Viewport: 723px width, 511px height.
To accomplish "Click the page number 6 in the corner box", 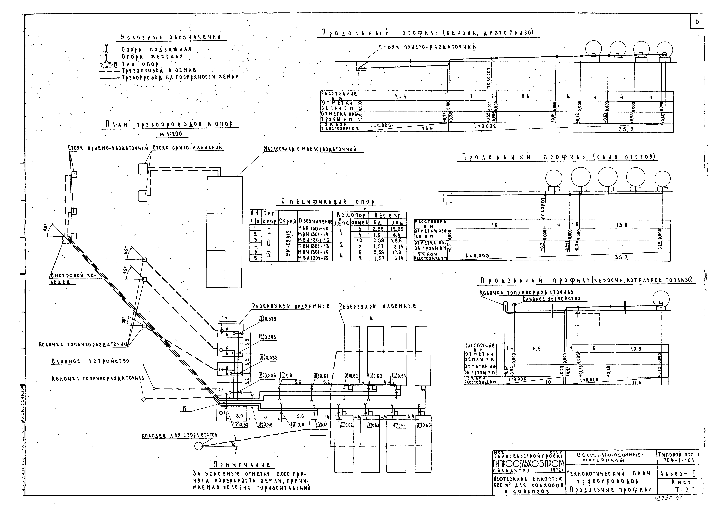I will coord(697,21).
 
